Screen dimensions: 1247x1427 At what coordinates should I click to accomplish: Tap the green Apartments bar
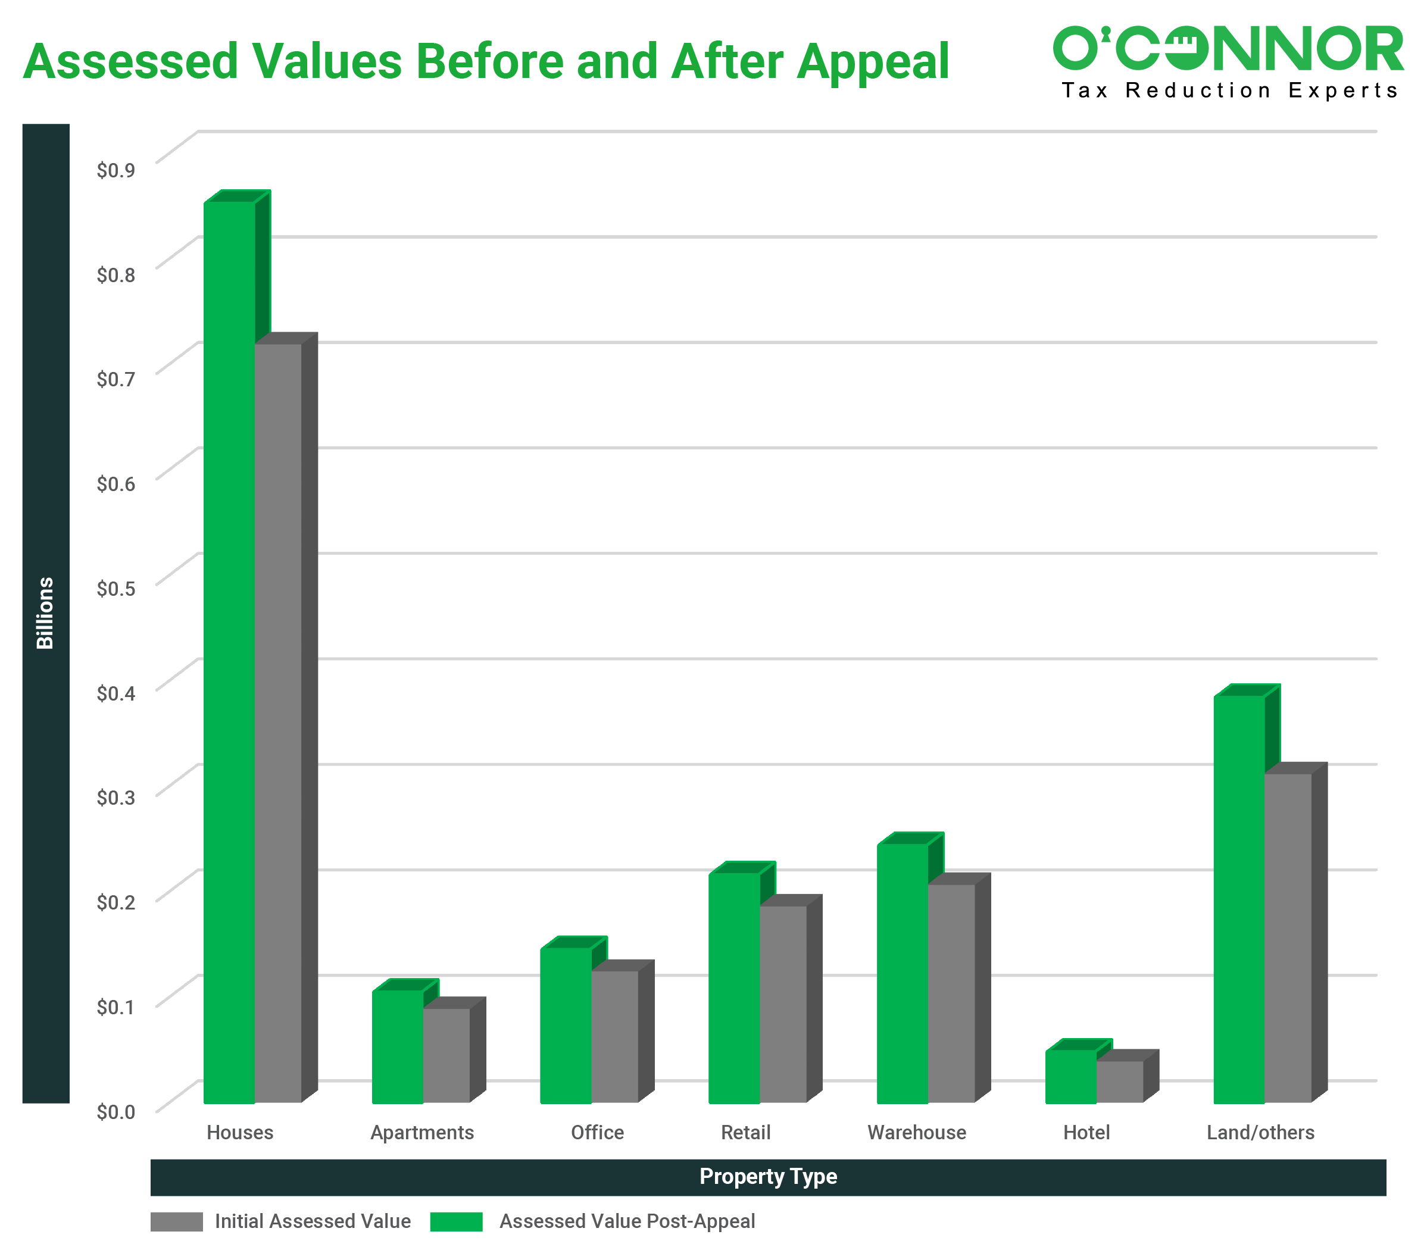[398, 1046]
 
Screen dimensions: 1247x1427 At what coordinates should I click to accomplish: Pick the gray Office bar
[614, 1036]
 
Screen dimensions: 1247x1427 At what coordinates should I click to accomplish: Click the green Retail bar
[735, 988]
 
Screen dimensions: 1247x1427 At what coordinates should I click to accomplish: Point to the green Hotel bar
[1070, 1077]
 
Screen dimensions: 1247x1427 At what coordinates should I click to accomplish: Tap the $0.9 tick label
[115, 170]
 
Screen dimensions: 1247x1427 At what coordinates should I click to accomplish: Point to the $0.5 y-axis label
[115, 589]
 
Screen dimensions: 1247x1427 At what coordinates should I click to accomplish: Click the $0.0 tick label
[115, 1111]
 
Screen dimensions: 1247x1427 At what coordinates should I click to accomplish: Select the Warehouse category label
[916, 1133]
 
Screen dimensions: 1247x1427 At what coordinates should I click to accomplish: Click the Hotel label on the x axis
[1086, 1133]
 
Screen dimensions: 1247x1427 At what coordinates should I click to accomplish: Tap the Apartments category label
[422, 1133]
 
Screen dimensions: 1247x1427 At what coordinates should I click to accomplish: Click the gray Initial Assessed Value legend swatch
[177, 1222]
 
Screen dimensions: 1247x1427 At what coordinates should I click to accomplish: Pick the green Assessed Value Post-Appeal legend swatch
[456, 1222]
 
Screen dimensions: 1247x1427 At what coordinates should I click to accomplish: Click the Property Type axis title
[768, 1177]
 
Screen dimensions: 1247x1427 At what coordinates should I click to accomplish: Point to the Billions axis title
[45, 612]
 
